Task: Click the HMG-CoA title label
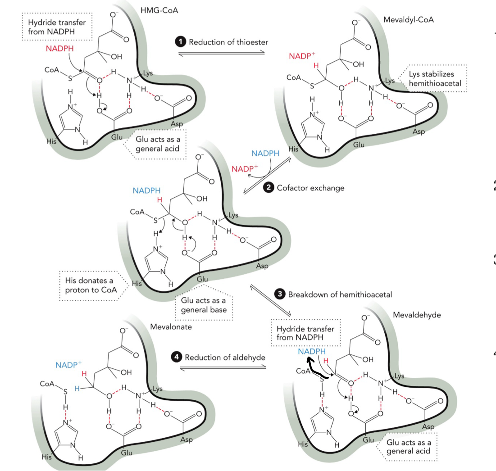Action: pyautogui.click(x=159, y=10)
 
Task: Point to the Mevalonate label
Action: pyautogui.click(x=171, y=327)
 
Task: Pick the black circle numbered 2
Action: pyautogui.click(x=269, y=188)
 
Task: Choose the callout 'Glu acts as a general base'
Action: pyautogui.click(x=203, y=306)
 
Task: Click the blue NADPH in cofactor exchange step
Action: pyautogui.click(x=265, y=154)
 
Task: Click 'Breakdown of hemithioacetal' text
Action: pyautogui.click(x=340, y=294)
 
